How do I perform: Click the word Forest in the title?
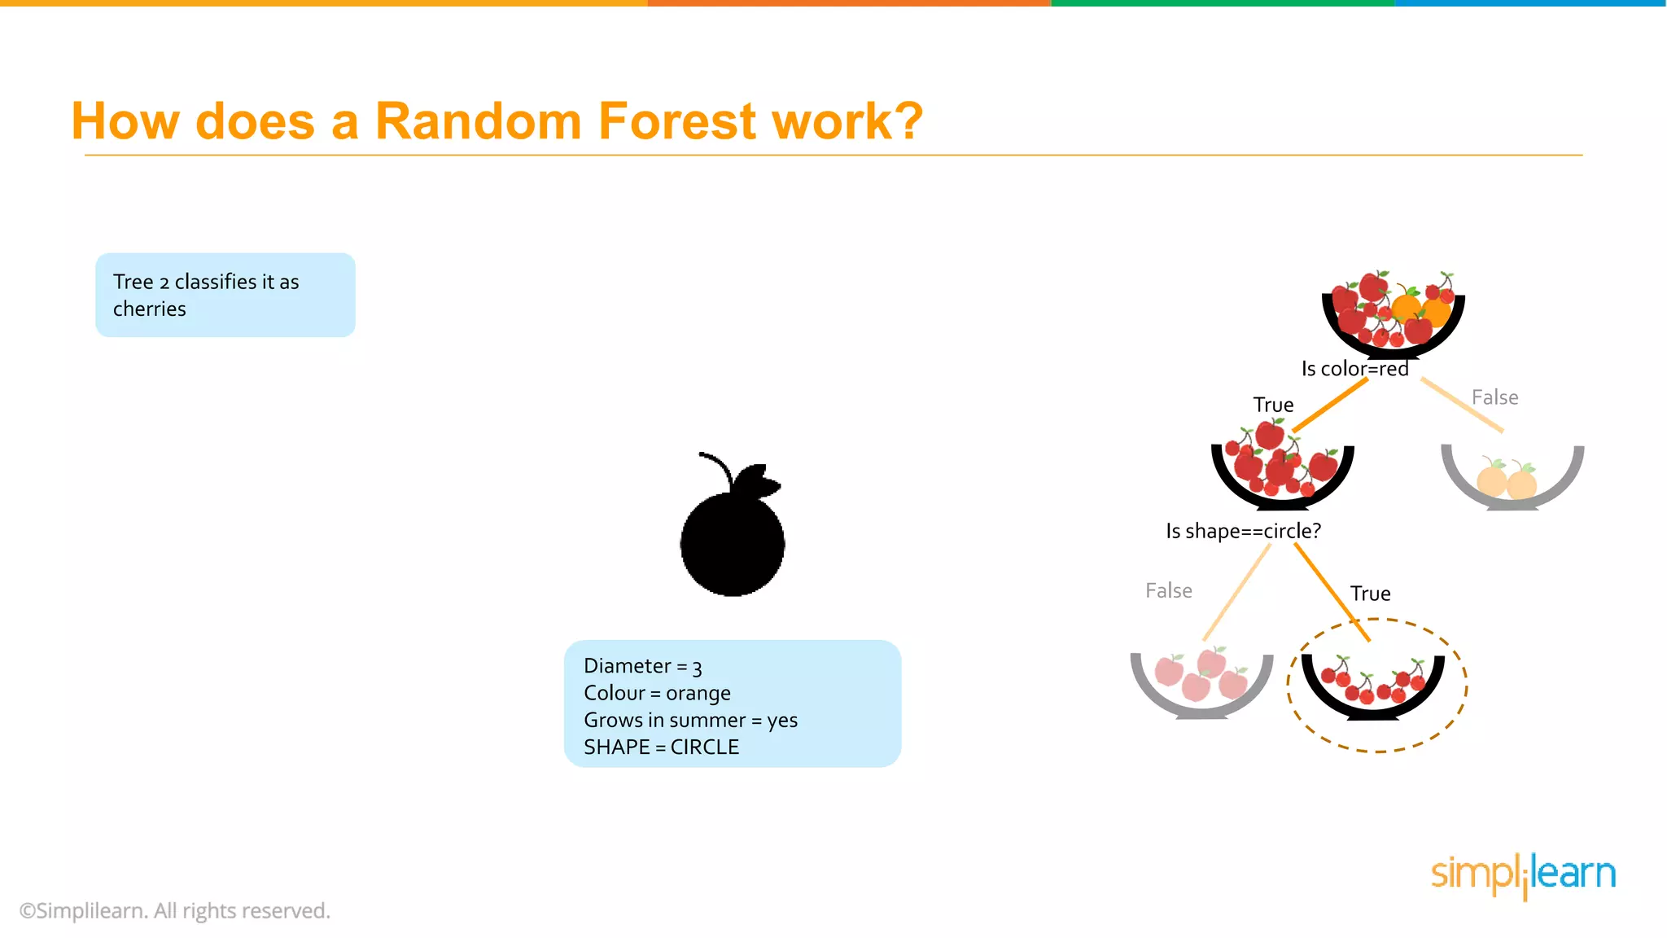click(678, 122)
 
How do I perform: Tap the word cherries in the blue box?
click(150, 309)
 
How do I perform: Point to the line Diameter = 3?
click(642, 666)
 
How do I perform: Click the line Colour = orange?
click(657, 693)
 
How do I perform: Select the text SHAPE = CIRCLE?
click(661, 747)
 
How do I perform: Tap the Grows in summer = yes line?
click(690, 720)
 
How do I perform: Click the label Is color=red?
click(1354, 369)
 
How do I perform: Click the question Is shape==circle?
click(1243, 531)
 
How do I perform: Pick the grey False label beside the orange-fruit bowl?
click(1494, 397)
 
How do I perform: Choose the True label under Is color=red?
click(1273, 405)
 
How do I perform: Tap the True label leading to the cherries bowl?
click(1370, 594)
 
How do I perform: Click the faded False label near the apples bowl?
click(1168, 590)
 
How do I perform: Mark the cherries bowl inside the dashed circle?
click(1373, 688)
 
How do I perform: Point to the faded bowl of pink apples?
click(1201, 684)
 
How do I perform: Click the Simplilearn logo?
click(1523, 874)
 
